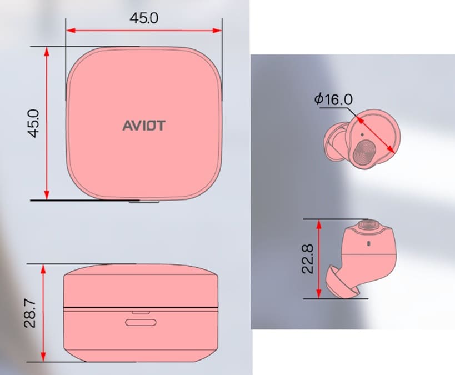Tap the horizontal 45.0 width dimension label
point(144,18)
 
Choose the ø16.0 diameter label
point(333,99)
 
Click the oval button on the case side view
point(140,322)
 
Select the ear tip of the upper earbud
point(335,143)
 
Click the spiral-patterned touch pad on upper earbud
point(365,153)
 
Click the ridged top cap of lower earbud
point(368,224)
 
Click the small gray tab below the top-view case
point(143,202)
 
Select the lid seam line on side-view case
point(141,307)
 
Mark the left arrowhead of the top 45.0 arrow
point(69,31)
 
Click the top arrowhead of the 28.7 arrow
point(44,268)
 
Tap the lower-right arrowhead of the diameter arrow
point(392,151)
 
